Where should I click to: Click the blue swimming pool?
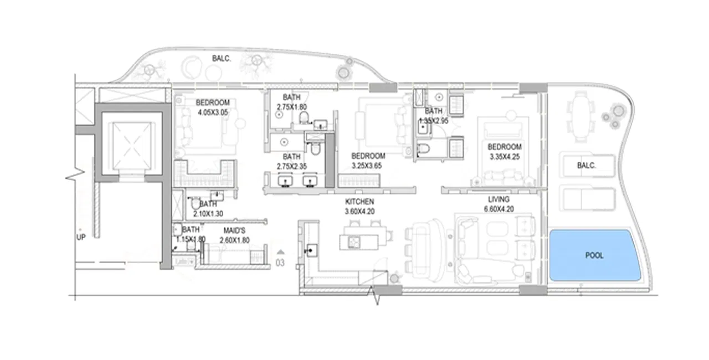594,255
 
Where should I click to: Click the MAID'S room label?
235,229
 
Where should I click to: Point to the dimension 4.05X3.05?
213,112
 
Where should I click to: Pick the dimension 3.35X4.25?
504,157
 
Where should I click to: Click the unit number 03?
280,263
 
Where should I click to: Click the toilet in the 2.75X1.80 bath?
303,117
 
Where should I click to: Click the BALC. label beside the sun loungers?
587,165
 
